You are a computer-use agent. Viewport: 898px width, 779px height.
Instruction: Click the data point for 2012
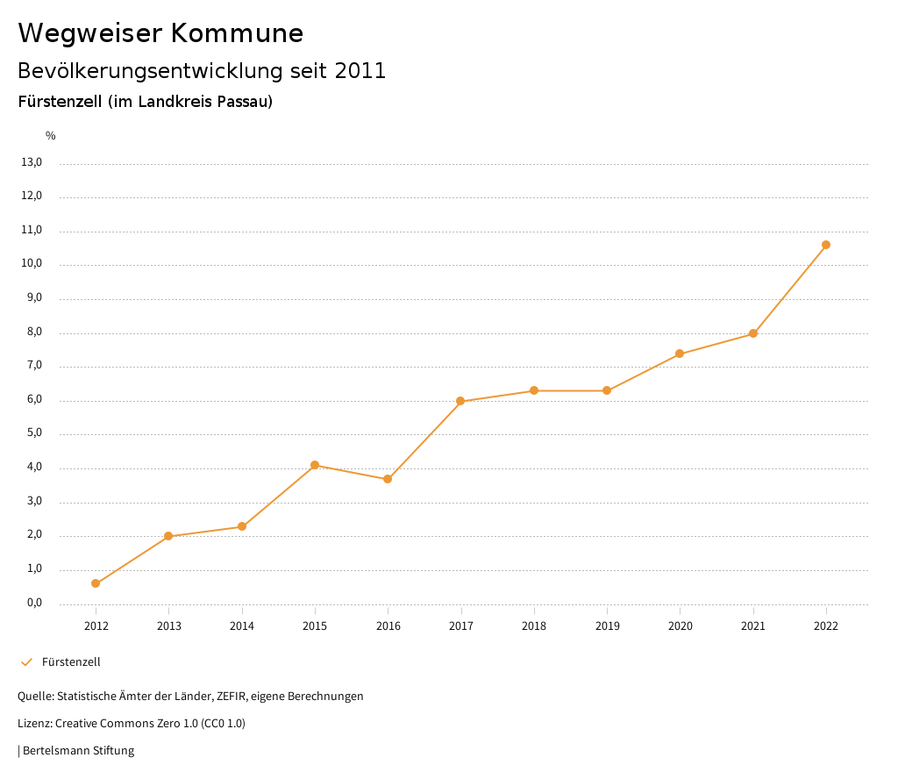click(x=96, y=583)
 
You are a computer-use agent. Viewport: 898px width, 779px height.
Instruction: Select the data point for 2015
click(x=315, y=465)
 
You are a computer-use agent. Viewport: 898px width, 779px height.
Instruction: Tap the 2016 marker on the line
click(x=388, y=479)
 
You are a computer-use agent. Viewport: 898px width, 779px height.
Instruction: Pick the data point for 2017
click(x=460, y=401)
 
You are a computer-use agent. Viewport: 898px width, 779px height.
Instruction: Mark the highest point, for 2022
click(x=826, y=245)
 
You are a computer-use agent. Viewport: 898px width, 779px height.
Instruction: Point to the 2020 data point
click(x=680, y=354)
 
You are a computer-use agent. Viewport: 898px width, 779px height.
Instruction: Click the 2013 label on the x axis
click(x=169, y=625)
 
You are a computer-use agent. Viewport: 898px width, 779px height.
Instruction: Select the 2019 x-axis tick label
click(x=607, y=625)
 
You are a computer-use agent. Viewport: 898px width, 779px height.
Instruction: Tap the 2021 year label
click(x=753, y=625)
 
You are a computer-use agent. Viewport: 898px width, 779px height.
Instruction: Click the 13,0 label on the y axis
click(x=32, y=162)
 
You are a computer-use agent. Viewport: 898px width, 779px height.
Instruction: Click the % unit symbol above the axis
click(x=51, y=136)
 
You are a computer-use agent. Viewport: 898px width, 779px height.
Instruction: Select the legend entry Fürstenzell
click(x=71, y=662)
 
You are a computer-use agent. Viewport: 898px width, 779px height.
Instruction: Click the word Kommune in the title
click(x=237, y=33)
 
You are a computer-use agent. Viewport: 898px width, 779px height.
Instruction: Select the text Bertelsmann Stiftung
click(x=78, y=751)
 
